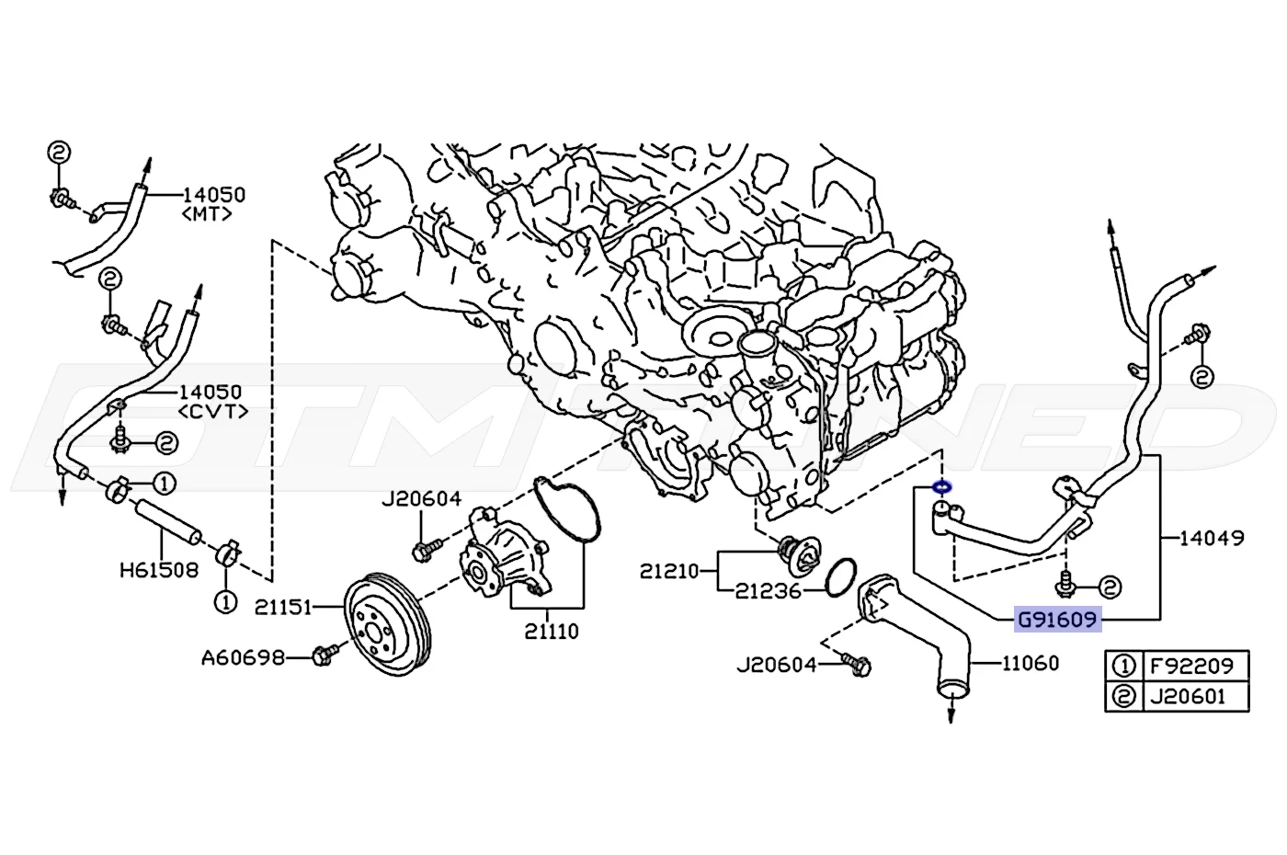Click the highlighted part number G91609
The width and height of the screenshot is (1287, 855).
1057,620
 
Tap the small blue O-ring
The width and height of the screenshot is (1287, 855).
941,487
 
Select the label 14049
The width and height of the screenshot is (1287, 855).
1212,538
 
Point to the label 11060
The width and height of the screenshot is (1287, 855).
1031,664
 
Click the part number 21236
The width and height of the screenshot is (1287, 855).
769,591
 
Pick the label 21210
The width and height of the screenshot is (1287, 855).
669,571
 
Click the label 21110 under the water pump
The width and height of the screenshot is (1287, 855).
552,632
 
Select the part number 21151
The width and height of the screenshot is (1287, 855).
283,608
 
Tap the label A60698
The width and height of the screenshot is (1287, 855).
243,657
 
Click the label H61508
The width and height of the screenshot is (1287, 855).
159,570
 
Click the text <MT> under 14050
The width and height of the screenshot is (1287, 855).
207,214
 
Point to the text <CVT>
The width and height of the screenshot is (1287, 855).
213,412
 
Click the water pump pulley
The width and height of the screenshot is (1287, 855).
388,624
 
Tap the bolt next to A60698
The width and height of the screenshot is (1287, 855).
325,655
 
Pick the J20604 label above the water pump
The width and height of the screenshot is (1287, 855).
422,499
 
